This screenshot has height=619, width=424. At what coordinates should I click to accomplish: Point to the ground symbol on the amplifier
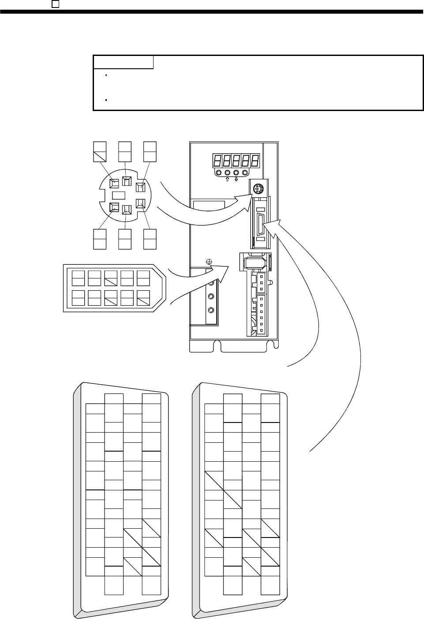(210, 261)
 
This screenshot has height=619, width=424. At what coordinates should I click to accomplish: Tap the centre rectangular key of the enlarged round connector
(119, 195)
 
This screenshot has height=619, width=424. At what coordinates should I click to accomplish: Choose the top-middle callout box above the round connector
(125, 151)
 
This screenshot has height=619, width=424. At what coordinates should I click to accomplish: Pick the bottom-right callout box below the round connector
(150, 239)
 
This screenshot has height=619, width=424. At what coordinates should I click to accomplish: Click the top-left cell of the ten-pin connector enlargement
(78, 278)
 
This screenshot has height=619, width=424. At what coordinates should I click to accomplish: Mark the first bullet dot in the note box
(107, 75)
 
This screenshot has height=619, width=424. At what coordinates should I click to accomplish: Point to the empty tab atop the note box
(124, 62)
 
